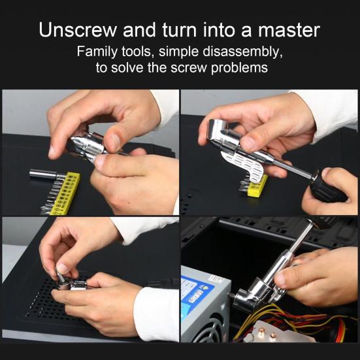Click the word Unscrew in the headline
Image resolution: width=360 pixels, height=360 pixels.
pyautogui.click(x=78, y=30)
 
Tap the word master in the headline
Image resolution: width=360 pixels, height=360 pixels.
pyautogui.click(x=289, y=30)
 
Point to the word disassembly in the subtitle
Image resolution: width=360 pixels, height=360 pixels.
pyautogui.click(x=242, y=52)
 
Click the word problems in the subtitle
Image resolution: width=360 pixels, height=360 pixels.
pyautogui.click(x=239, y=68)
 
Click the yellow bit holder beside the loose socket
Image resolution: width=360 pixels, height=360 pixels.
pyautogui.click(x=65, y=193)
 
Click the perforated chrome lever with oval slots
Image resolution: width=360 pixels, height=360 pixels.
pyautogui.click(x=243, y=165)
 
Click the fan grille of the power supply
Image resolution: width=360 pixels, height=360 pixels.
pyautogui.click(x=208, y=331)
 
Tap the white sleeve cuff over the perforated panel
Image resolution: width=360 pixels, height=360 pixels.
pyautogui.click(x=157, y=314)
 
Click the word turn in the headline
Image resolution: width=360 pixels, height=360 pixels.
pyautogui.click(x=179, y=30)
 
